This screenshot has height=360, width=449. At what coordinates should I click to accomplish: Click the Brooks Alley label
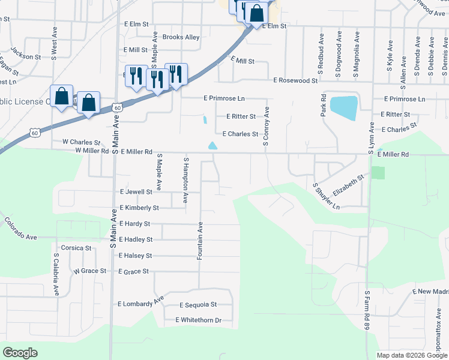[177, 37]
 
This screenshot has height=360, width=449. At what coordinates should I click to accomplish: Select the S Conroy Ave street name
[265, 127]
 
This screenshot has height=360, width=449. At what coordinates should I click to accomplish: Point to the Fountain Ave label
[200, 241]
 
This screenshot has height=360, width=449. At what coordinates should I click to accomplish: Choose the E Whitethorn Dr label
[199, 320]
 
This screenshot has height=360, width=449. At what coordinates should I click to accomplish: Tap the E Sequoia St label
[197, 305]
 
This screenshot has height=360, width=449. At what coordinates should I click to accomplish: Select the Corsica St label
[76, 247]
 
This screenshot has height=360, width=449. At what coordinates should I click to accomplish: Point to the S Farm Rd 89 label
[367, 310]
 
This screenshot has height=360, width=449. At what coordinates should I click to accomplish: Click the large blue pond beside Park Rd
[343, 109]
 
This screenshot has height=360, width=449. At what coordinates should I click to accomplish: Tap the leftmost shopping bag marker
[61, 97]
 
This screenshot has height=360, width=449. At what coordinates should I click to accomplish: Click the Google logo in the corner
[20, 353]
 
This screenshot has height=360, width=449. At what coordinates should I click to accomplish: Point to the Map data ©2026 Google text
[412, 355]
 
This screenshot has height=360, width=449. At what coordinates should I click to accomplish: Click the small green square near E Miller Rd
[378, 173]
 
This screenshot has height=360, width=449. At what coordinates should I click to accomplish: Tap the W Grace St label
[90, 271]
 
